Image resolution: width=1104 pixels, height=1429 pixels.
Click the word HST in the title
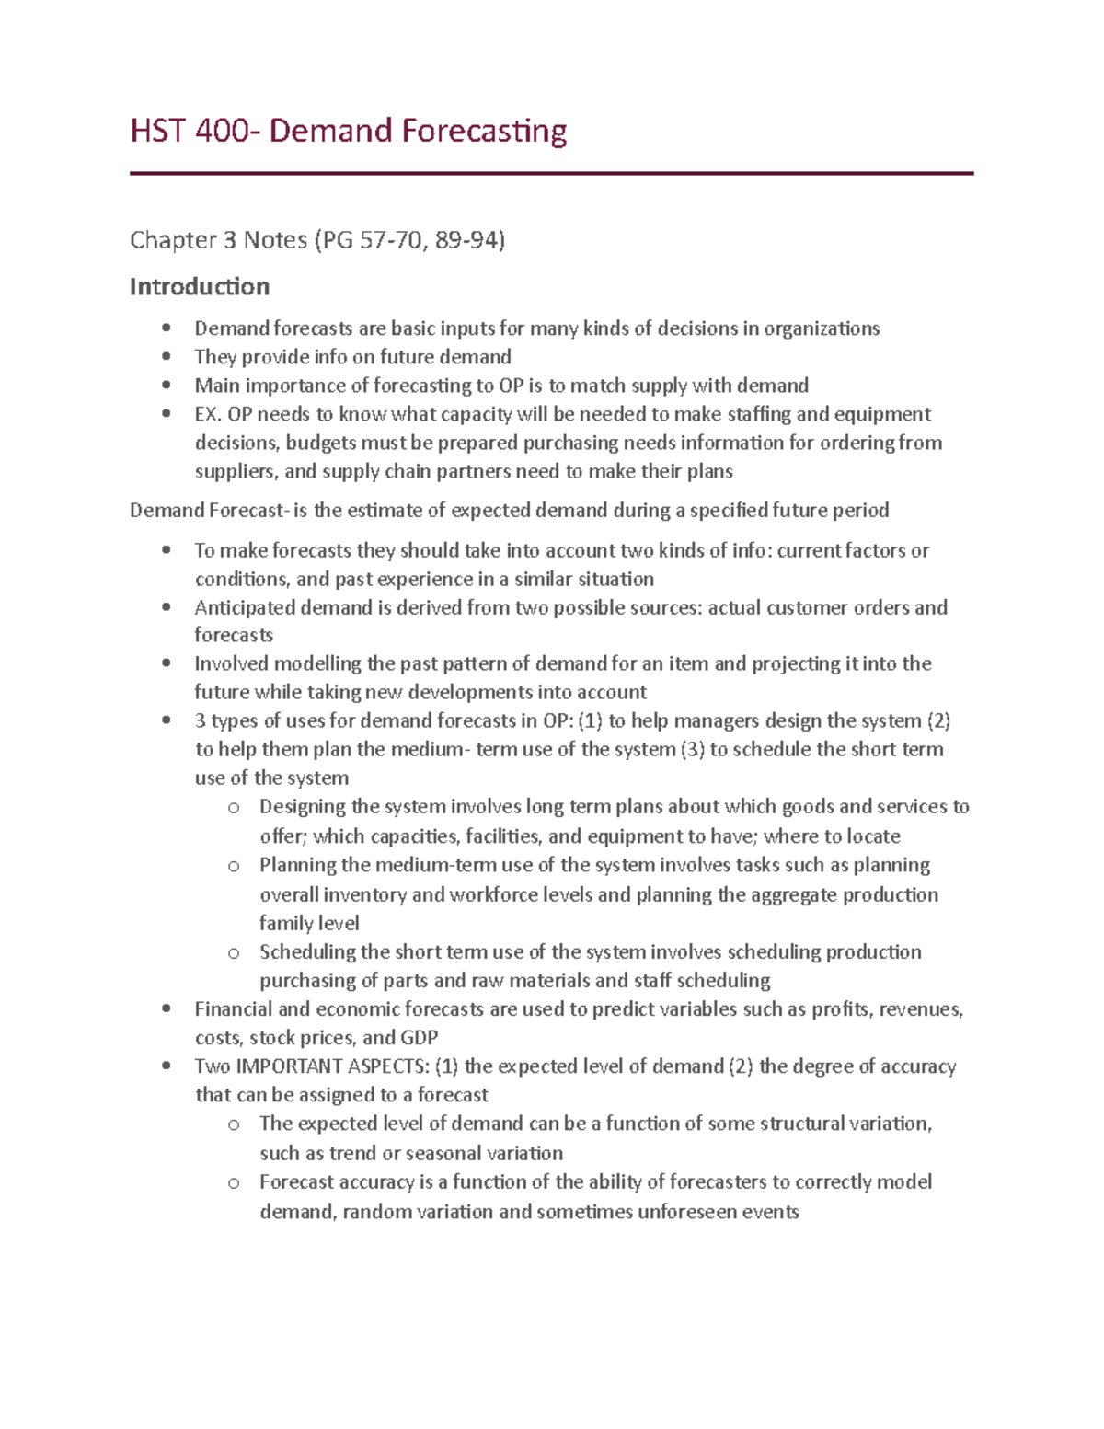pyautogui.click(x=157, y=131)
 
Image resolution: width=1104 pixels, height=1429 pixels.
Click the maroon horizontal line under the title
pyautogui.click(x=551, y=173)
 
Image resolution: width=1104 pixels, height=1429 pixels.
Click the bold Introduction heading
pyautogui.click(x=200, y=287)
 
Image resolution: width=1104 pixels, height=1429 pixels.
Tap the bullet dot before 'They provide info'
pyautogui.click(x=167, y=356)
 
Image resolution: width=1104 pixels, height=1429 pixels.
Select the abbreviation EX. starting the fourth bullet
pyautogui.click(x=209, y=414)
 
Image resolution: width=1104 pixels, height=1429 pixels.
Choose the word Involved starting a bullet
pyautogui.click(x=231, y=663)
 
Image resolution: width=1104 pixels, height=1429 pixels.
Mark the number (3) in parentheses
pyautogui.click(x=692, y=749)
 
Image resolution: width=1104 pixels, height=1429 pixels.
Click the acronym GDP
pyautogui.click(x=419, y=1038)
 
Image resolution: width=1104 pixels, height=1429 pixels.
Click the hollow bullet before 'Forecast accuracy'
pyautogui.click(x=234, y=1183)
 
